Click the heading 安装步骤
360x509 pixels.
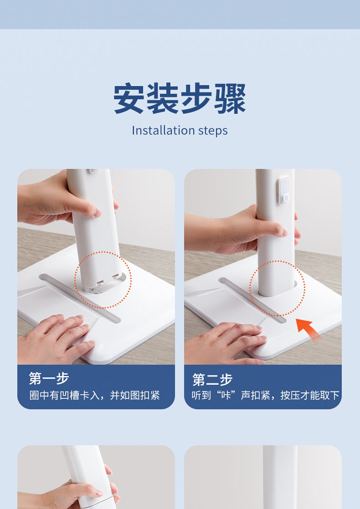point(180,98)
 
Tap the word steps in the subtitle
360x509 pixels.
point(213,131)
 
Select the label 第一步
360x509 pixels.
point(49,378)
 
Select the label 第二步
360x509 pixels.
point(212,380)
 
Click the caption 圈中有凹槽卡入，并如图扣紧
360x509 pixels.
point(94,395)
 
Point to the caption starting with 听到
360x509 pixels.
point(266,395)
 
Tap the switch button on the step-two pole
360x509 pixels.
point(283,190)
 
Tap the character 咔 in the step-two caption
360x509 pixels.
point(226,395)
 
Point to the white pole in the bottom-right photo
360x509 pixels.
point(280,477)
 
